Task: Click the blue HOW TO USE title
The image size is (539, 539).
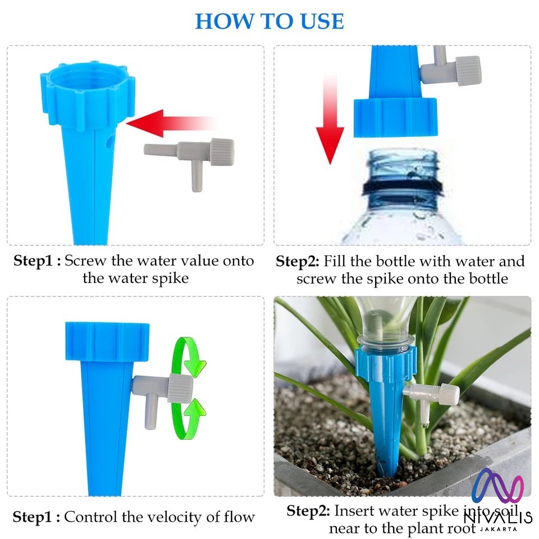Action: pos(269,21)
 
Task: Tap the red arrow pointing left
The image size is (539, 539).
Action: pos(171,124)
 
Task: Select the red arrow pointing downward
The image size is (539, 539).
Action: pos(330,120)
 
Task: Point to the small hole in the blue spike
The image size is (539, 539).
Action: pos(109,141)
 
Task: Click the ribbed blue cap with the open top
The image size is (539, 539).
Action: pos(88,96)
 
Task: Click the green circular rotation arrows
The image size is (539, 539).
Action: pos(189,389)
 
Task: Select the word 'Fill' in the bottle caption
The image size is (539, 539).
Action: pos(335,261)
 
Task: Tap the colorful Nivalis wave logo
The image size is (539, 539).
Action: pos(498,485)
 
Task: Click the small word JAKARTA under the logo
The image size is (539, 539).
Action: pos(499,529)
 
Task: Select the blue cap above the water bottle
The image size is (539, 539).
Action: pos(396,117)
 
